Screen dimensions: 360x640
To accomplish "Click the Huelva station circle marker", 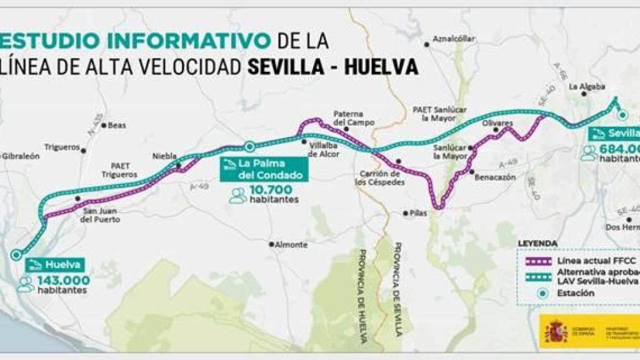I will coord(16,254).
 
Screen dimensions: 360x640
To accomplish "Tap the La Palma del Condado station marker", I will coord(249,147).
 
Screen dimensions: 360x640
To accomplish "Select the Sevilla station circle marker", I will coord(622,114).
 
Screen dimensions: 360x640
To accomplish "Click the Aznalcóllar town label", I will coord(454,39).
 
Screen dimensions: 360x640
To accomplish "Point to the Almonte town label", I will coord(291,245).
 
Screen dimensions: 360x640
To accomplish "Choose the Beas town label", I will coord(117,125).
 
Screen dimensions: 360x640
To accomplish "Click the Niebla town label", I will coord(165,156).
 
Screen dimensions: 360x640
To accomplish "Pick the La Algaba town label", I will coord(582,86).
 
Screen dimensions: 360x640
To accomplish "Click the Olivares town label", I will coord(498,123).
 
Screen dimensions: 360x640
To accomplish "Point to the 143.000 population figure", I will coord(63,280).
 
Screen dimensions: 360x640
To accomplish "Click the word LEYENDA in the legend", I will coord(538,242).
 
